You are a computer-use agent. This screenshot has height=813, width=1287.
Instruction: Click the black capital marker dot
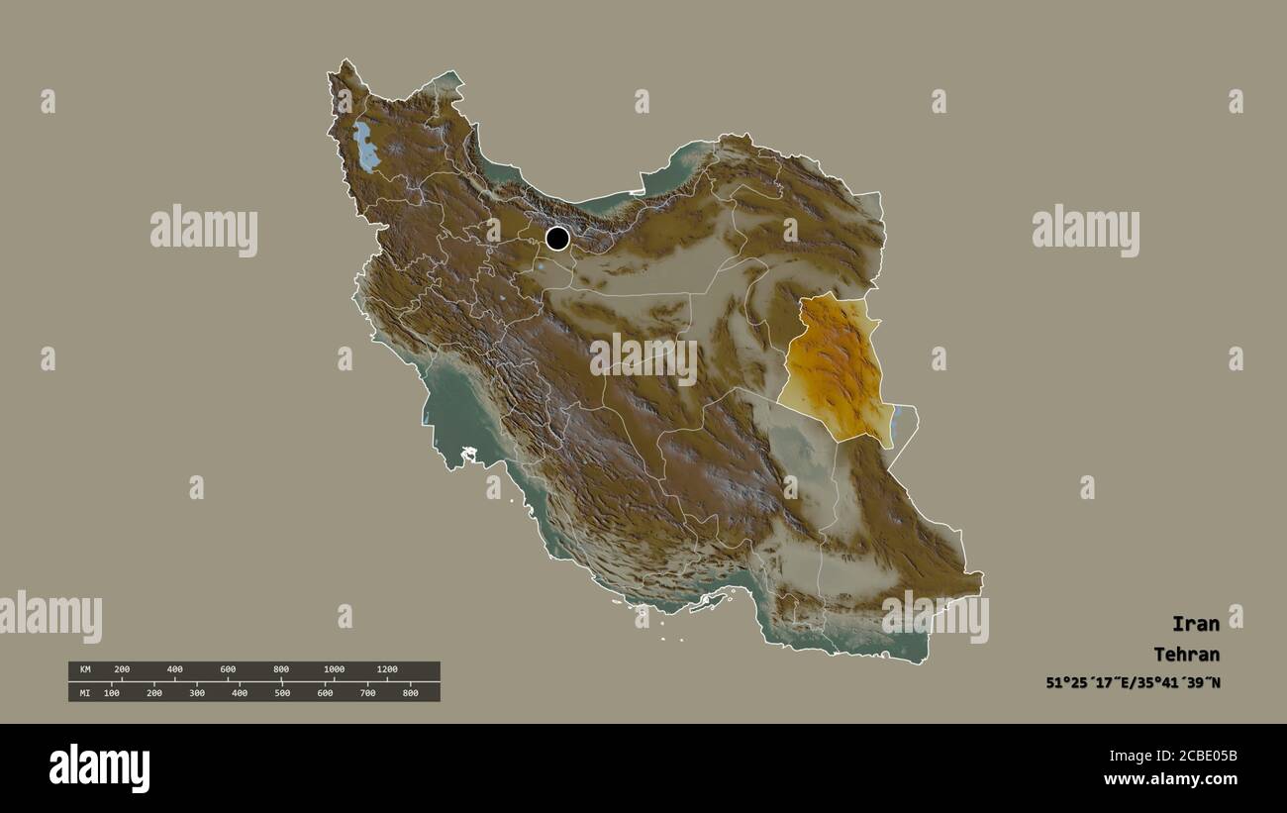[x=557, y=238]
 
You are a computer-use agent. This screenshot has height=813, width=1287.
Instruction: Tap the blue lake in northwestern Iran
[x=367, y=147]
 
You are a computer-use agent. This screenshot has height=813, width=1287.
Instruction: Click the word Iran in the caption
[x=1195, y=624]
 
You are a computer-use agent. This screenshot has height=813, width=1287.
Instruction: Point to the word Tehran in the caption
[x=1186, y=655]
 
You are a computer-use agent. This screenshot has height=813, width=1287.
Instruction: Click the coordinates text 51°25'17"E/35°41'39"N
[x=1133, y=683]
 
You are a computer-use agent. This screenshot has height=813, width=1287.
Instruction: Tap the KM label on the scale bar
[x=85, y=670]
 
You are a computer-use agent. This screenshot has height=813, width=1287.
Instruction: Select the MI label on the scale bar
[x=85, y=693]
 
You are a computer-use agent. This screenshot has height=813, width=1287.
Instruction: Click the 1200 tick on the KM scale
[x=387, y=670]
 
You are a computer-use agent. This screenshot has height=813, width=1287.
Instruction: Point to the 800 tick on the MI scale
[x=410, y=693]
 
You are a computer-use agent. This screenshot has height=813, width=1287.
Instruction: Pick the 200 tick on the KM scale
[x=122, y=670]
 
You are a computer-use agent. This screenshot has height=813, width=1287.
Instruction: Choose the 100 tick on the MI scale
[x=112, y=693]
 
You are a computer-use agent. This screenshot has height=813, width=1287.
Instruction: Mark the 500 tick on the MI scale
[x=282, y=693]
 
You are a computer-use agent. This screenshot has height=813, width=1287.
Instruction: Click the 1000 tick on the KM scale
[x=335, y=670]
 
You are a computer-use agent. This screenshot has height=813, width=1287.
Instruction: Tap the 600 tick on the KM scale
[x=228, y=670]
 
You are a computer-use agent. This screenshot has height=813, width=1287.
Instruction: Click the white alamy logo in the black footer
[x=99, y=768]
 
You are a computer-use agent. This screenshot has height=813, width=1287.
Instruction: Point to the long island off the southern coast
[x=707, y=601]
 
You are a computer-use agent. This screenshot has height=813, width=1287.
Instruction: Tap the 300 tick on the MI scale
[x=197, y=693]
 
